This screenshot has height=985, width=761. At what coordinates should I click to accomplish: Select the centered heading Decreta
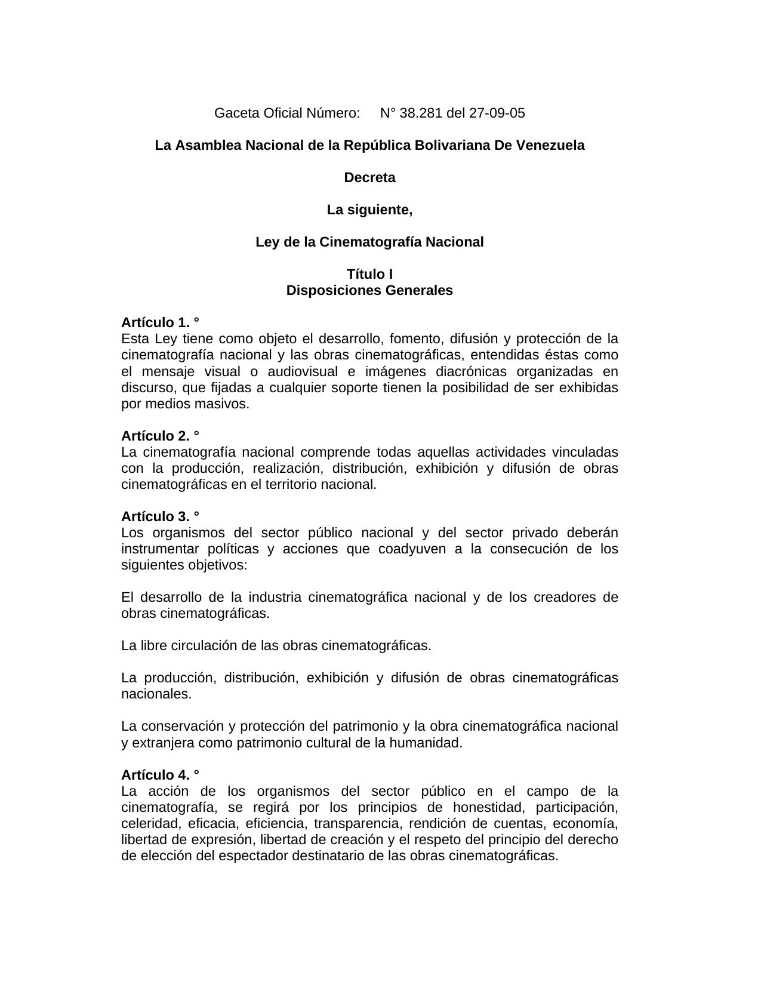(369, 177)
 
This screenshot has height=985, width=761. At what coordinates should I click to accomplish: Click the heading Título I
(369, 274)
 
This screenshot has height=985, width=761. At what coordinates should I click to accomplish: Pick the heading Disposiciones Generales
(369, 290)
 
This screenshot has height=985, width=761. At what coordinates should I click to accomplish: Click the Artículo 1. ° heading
(160, 322)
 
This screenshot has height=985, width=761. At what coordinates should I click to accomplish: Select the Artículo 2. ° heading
(160, 435)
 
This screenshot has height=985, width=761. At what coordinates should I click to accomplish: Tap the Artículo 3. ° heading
(160, 516)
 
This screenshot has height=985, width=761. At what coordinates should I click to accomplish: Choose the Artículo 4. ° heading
(160, 775)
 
